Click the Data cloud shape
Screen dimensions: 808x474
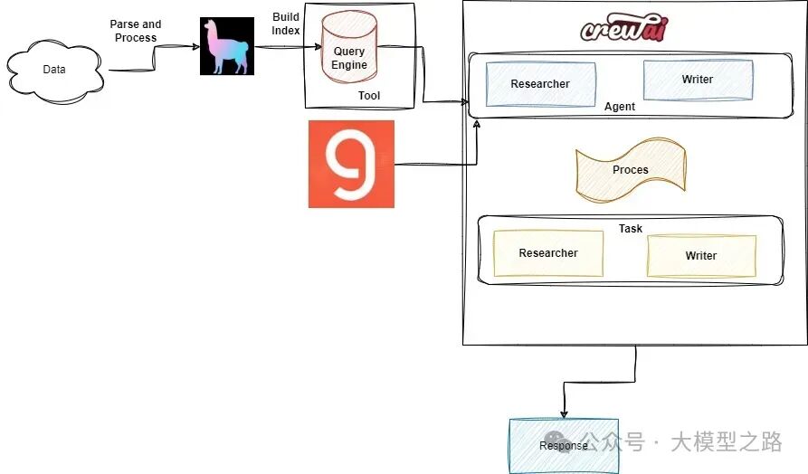click(54, 71)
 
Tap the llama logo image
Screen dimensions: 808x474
click(227, 46)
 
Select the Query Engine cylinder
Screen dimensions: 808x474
click(349, 47)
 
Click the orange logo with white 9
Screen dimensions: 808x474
click(351, 164)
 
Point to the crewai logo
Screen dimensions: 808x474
click(624, 27)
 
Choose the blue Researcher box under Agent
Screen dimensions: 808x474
click(540, 84)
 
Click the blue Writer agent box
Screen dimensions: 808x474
click(698, 80)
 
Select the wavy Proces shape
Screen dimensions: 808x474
click(631, 169)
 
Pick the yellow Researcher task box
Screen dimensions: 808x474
click(548, 253)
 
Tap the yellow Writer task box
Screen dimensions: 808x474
click(701, 256)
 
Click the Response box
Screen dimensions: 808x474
click(564, 446)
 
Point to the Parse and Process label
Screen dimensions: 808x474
click(136, 31)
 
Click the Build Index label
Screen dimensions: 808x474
click(286, 24)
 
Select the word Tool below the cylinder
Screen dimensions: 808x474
click(369, 95)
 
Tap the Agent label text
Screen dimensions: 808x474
click(620, 107)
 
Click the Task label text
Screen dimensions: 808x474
click(631, 228)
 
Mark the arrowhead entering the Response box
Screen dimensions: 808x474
click(564, 414)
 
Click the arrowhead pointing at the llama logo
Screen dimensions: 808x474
click(196, 47)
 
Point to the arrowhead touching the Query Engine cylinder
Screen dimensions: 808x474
click(318, 47)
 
